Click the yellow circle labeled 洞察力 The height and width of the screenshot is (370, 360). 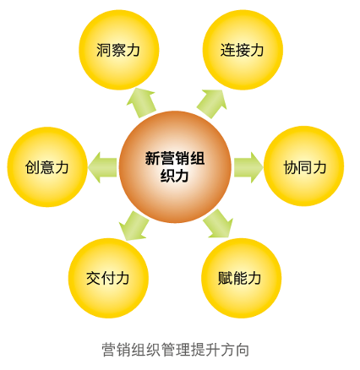click(119, 50)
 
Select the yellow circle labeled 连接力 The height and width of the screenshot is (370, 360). click(243, 50)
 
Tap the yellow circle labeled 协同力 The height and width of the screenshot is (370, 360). click(303, 166)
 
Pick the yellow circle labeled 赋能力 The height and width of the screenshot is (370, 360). click(242, 278)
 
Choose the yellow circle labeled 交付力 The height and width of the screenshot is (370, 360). click(108, 278)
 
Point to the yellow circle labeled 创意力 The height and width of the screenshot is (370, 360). click(47, 167)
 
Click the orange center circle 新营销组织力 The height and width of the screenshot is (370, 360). click(175, 167)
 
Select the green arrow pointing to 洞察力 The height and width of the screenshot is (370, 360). click(141, 103)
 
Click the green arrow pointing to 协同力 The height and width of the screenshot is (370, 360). click(248, 167)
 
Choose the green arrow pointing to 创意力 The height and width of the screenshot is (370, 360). click(102, 167)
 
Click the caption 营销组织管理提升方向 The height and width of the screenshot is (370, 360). click(175, 350)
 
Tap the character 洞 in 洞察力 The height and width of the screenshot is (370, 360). click(103, 50)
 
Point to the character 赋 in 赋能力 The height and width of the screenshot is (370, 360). click(225, 278)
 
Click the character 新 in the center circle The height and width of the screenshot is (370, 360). click(152, 158)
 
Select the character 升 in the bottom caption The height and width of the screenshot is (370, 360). click(213, 350)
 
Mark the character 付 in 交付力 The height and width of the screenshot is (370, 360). click(108, 278)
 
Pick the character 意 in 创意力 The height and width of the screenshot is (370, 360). click(47, 167)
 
